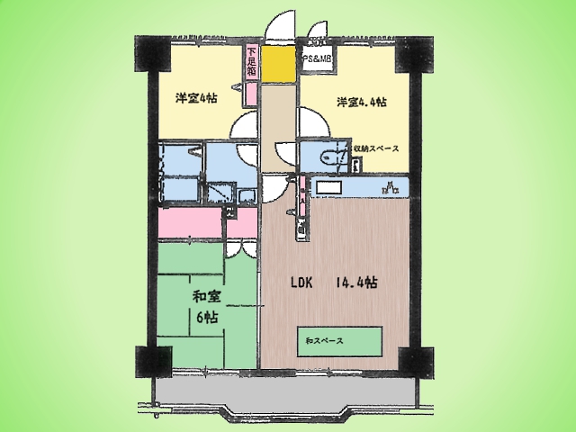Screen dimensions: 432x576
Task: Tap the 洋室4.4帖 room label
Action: [x=362, y=101]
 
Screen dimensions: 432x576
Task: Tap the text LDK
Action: [x=301, y=282]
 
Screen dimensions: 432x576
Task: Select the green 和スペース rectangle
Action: [x=341, y=341]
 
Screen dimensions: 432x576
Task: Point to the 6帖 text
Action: [x=207, y=316]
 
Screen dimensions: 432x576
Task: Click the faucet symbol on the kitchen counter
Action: [x=390, y=187]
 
